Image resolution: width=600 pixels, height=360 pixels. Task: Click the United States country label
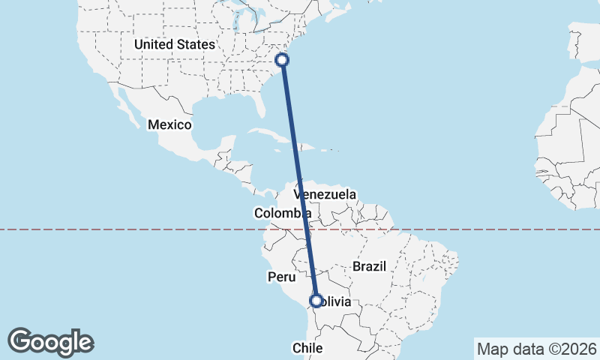pyautogui.click(x=174, y=45)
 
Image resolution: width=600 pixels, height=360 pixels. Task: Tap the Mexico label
pyautogui.click(x=169, y=124)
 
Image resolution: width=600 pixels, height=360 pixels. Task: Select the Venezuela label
pyautogui.click(x=330, y=194)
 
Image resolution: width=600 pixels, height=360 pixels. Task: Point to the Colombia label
pyautogui.click(x=282, y=214)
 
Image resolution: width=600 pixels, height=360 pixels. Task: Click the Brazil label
pyautogui.click(x=369, y=266)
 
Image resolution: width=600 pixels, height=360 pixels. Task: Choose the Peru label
pyautogui.click(x=281, y=277)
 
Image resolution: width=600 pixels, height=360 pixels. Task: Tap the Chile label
pyautogui.click(x=307, y=348)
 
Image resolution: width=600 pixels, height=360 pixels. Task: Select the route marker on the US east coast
pyautogui.click(x=283, y=59)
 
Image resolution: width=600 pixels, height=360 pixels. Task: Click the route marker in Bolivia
pyautogui.click(x=316, y=301)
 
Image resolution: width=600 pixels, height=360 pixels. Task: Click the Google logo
pyautogui.click(x=50, y=341)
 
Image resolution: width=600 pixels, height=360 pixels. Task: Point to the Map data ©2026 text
pyautogui.click(x=535, y=349)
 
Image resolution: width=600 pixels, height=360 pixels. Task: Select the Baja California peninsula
pyautogui.click(x=124, y=106)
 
